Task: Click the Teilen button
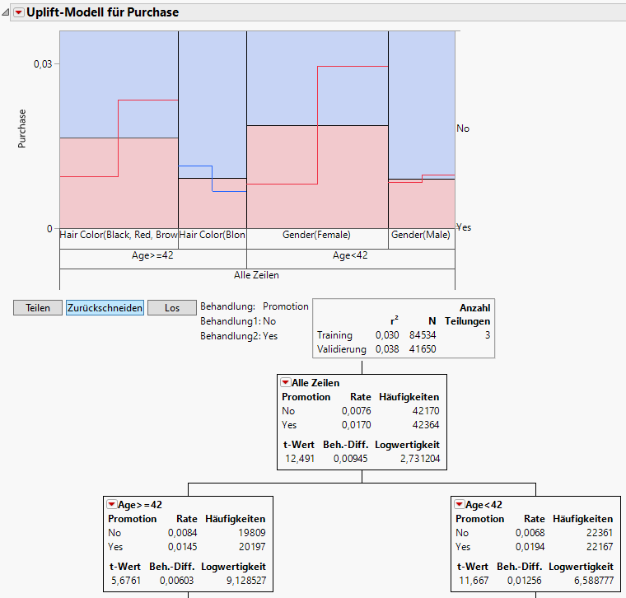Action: (38, 308)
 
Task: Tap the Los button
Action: (172, 308)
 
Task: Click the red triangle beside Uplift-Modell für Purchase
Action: (18, 12)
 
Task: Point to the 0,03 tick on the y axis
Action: (42, 64)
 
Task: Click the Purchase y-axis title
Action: (22, 128)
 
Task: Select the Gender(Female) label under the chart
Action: (317, 235)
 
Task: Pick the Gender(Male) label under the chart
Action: (421, 235)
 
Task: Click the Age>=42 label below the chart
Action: (152, 255)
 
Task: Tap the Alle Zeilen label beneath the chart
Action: (256, 274)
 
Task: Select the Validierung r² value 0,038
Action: (386, 349)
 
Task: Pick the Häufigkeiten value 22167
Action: (596, 547)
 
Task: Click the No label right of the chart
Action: (463, 128)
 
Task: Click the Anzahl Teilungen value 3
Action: (487, 335)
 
